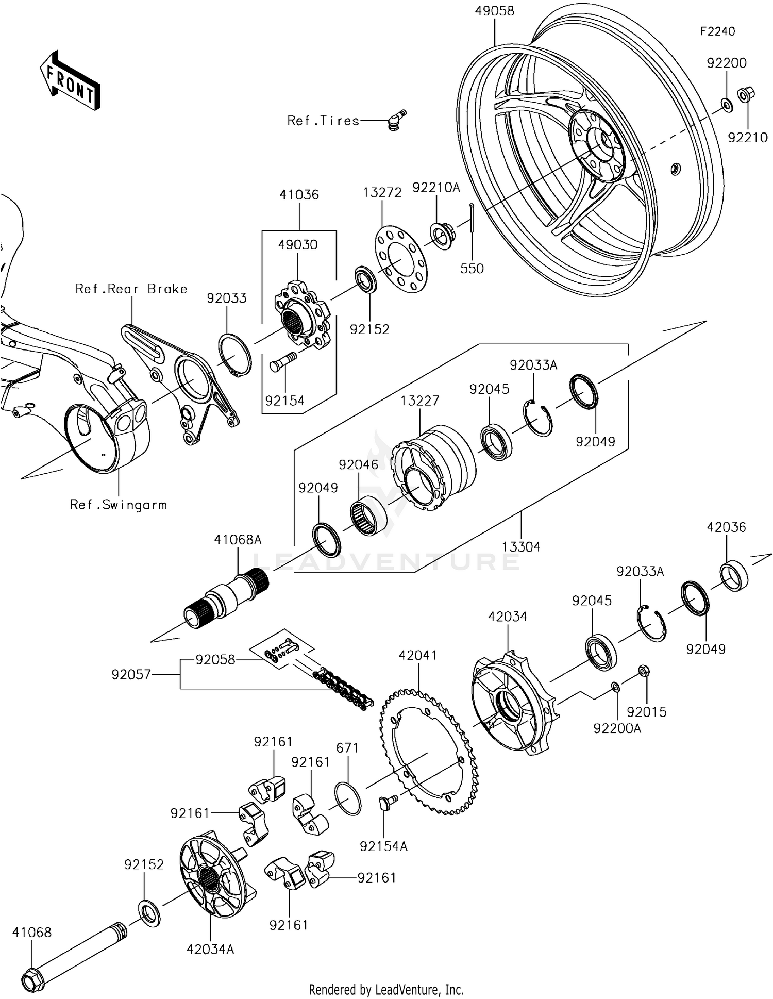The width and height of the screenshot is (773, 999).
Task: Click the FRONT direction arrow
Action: click(70, 80)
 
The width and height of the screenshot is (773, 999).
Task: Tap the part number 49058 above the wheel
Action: click(494, 11)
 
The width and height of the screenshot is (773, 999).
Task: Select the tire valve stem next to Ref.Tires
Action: click(396, 121)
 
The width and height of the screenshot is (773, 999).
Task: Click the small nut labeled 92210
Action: click(745, 95)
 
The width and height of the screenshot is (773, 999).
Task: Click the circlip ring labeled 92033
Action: click(236, 355)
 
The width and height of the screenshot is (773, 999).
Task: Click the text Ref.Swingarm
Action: click(119, 505)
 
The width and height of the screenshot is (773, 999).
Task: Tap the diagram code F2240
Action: click(717, 31)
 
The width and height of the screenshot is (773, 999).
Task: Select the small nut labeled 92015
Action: click(643, 671)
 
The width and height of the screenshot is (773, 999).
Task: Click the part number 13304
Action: click(521, 547)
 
